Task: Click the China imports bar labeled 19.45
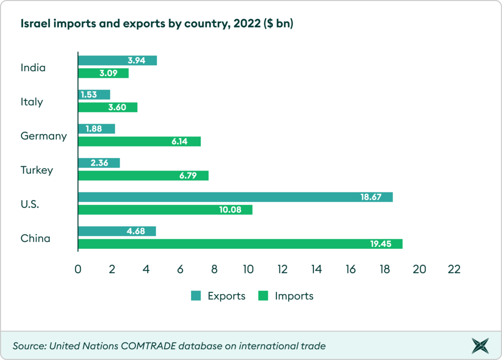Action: (240, 244)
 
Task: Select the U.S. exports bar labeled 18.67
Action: (235, 197)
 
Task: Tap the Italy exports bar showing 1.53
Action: (94, 95)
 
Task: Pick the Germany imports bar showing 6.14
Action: (140, 141)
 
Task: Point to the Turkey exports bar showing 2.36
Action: (99, 163)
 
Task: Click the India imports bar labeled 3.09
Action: (103, 73)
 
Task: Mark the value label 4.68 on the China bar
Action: (136, 231)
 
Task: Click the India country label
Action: (33, 68)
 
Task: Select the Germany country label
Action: (44, 136)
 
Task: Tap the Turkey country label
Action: (36, 170)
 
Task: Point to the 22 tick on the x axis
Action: (454, 269)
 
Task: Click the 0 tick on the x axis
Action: (78, 269)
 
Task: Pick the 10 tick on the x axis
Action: (249, 269)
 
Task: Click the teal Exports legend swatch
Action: (196, 296)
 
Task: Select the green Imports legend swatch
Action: (264, 296)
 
